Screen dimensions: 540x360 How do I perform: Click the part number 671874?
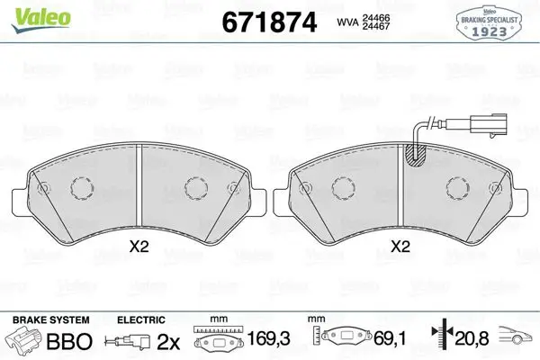coord(269,22)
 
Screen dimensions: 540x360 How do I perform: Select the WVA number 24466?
coord(375,18)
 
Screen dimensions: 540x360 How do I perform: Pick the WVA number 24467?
coord(375,26)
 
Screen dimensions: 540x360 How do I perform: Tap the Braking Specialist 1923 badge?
coord(489,22)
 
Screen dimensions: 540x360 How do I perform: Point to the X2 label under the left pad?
coord(139,247)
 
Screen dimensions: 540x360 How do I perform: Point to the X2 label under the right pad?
coord(400,247)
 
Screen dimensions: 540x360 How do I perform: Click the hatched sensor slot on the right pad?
coord(415,156)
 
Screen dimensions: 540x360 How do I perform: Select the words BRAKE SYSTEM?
coord(51,320)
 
